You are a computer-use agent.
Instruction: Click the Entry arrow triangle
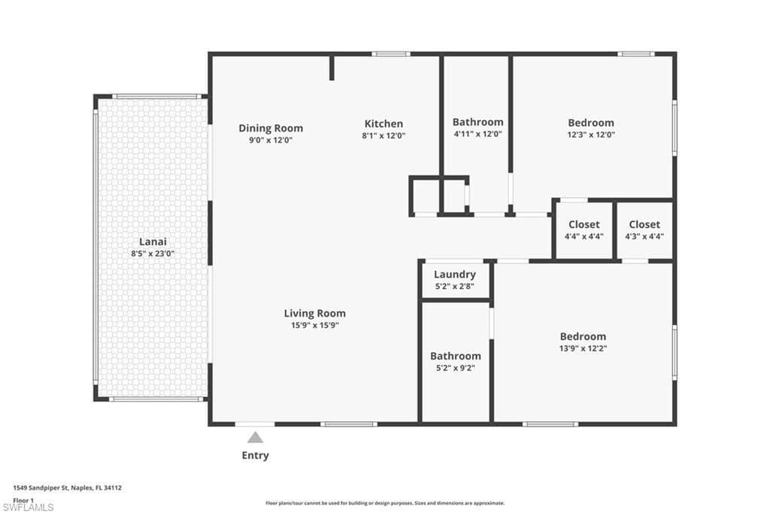256,438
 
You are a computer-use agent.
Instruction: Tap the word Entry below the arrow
255,455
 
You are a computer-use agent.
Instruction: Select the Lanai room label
153,241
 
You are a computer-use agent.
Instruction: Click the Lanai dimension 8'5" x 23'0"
153,254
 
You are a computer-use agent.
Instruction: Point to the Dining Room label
271,128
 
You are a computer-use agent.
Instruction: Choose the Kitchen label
383,123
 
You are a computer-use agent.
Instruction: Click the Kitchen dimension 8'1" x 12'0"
383,136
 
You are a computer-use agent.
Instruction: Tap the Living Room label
315,313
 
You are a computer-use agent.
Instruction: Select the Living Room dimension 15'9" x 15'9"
315,325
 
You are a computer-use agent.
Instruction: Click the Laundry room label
455,275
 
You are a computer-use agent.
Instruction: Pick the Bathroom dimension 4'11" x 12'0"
477,134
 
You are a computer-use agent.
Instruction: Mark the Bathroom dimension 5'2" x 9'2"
455,368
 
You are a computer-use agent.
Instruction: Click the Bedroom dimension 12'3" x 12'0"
591,135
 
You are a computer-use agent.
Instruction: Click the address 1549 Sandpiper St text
68,487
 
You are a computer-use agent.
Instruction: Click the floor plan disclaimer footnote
384,503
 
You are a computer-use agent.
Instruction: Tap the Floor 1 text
24,499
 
